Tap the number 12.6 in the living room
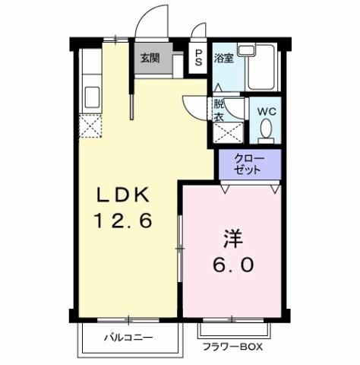pos(124,222)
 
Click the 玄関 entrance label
pos(150,59)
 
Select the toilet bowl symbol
pos(266,131)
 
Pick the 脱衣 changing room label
pos(219,110)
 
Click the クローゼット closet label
pos(249,164)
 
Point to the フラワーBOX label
pos(232,348)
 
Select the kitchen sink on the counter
pos(93,97)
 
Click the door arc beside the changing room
pos(194,106)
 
